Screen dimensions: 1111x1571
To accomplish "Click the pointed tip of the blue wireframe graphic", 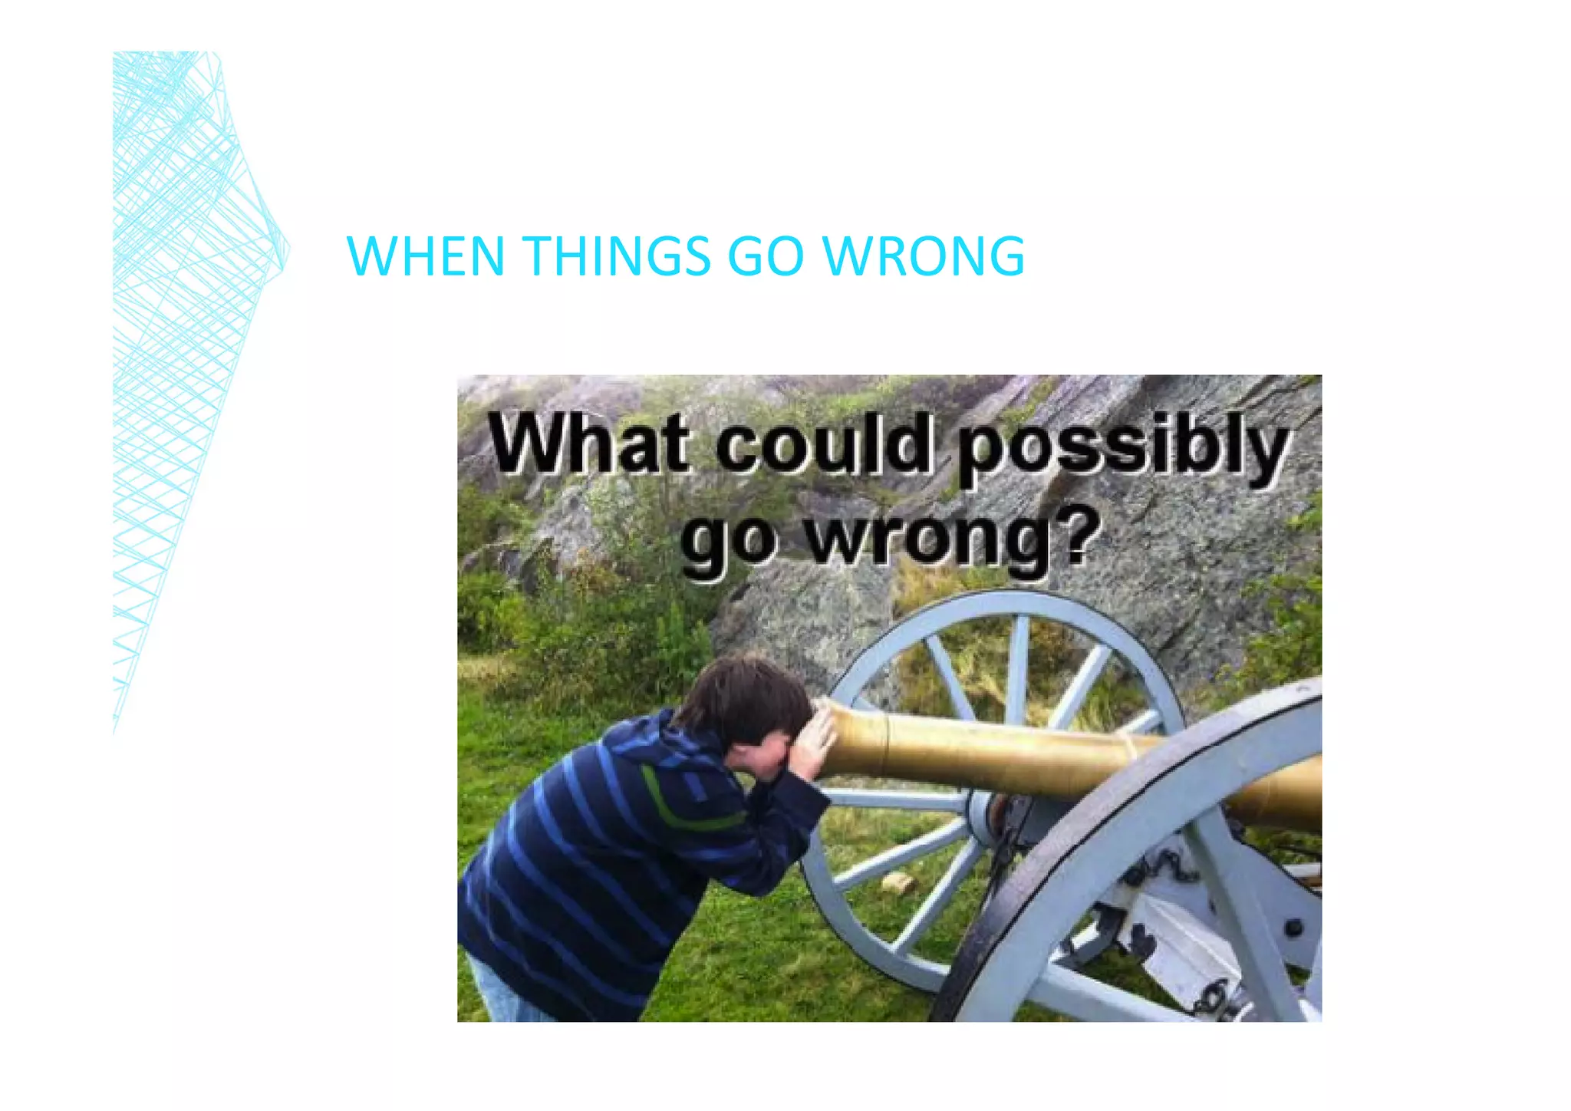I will (x=288, y=249).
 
